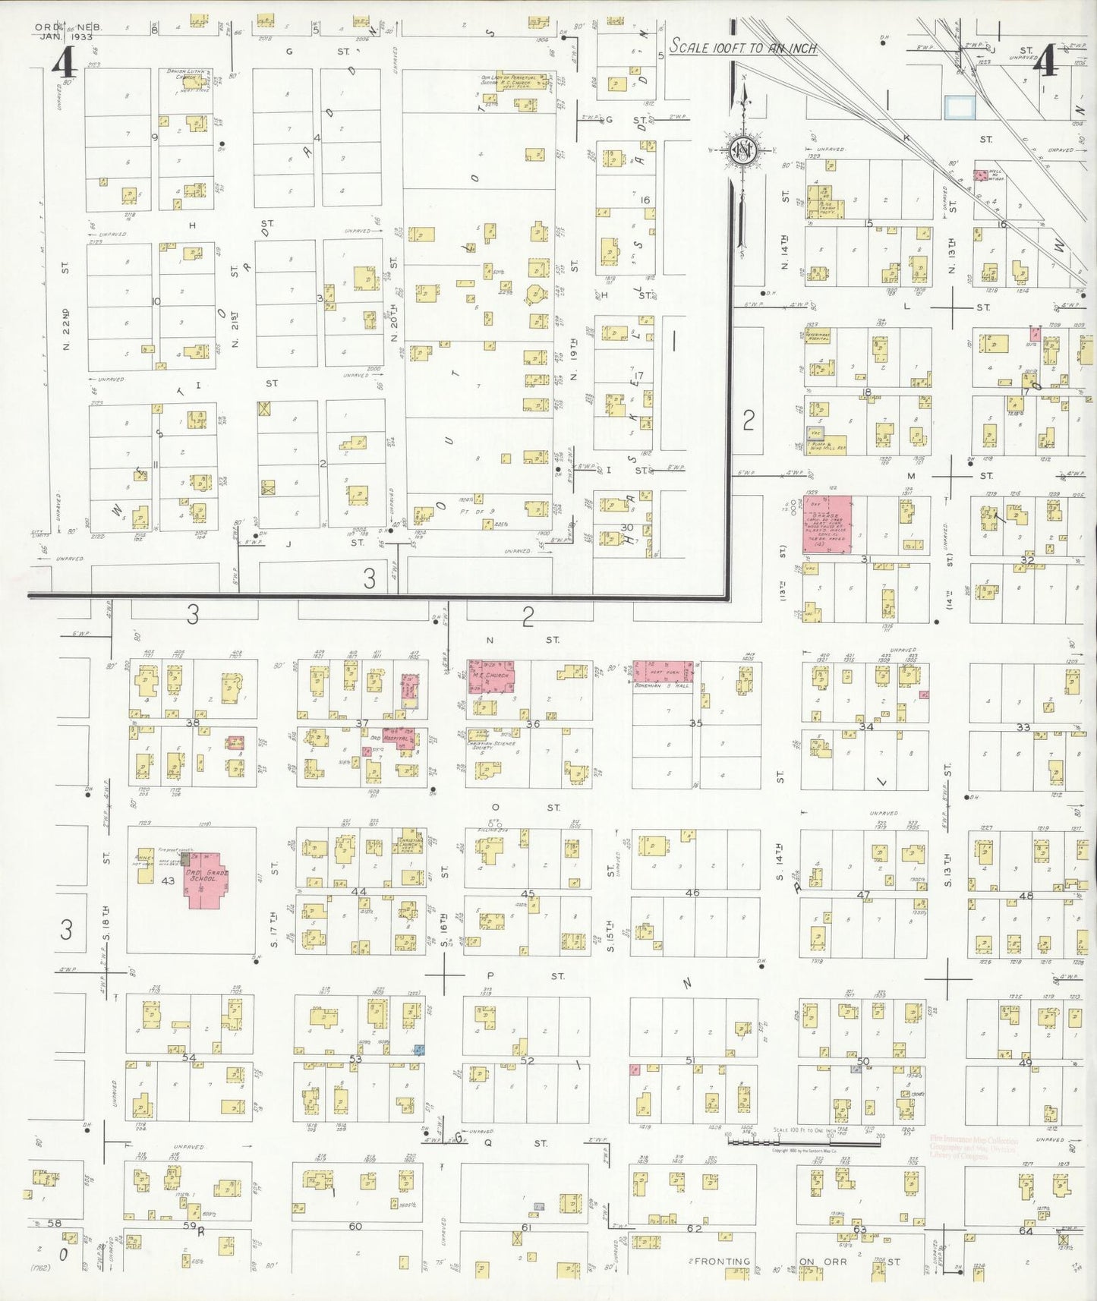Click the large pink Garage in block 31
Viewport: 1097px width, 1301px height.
(x=827, y=524)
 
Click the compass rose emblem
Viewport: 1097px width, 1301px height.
(x=741, y=151)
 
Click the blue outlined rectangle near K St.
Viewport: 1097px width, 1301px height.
(x=959, y=107)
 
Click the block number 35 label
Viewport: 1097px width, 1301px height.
(x=695, y=723)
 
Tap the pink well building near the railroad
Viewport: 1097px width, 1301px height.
(x=982, y=175)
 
